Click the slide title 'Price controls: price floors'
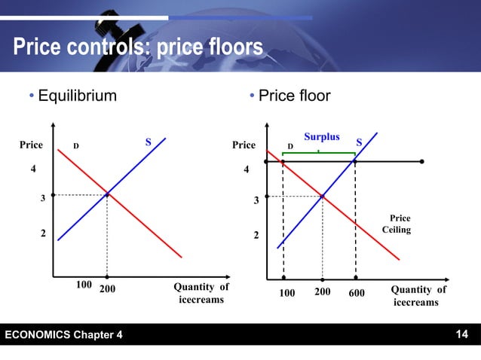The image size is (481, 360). tap(137, 48)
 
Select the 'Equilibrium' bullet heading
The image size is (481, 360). tap(78, 96)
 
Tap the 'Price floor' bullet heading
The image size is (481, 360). tap(290, 96)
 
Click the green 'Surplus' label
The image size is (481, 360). tap(322, 137)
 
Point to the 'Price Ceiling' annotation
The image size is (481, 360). tap(397, 224)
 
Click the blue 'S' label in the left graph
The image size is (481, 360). tap(148, 142)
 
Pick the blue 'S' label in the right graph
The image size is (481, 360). tap(359, 142)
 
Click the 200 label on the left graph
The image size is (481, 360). tap(108, 288)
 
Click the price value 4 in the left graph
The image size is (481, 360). tap(32, 169)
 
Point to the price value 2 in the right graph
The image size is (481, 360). tap(256, 236)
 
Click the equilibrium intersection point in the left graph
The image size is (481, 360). tap(107, 194)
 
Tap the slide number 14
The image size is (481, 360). tap(461, 334)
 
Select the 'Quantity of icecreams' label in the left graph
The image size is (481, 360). tap(201, 294)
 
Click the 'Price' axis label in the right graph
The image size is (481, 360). tap(244, 145)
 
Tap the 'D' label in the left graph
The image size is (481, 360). tap(76, 145)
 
